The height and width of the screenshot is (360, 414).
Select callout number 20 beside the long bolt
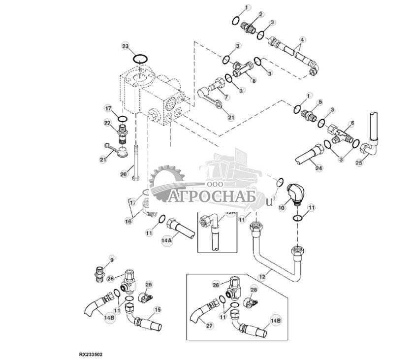(124, 173)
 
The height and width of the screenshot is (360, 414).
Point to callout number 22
(107, 123)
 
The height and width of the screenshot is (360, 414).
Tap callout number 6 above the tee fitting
(351, 123)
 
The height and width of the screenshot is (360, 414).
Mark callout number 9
(111, 260)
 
